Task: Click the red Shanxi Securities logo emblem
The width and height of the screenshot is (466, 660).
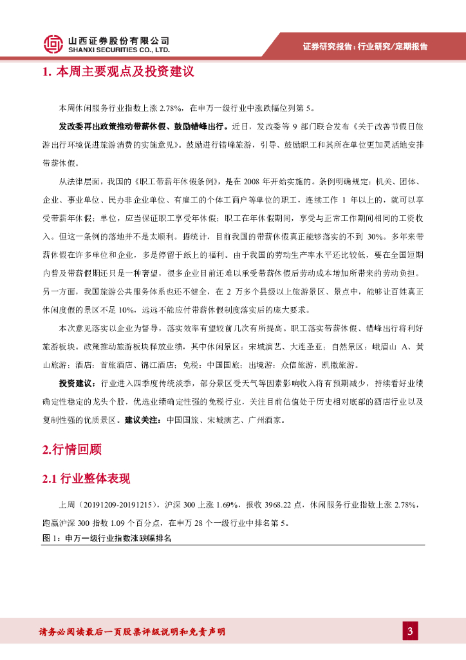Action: tap(53, 43)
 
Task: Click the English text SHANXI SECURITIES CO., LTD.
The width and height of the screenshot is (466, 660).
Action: tap(119, 50)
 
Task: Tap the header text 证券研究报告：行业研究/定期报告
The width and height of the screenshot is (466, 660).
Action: tap(365, 46)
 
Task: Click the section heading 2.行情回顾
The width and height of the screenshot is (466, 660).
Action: tap(71, 450)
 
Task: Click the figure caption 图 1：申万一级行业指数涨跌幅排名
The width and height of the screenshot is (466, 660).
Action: tap(106, 538)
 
